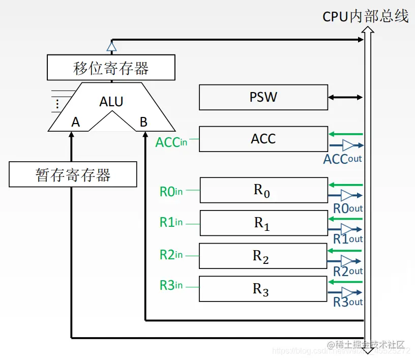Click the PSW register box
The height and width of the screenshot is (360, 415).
(263, 97)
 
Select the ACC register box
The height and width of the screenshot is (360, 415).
(263, 139)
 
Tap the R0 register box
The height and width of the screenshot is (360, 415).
(263, 190)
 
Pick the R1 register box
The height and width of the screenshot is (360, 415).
(263, 223)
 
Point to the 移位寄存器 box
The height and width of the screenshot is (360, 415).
(111, 68)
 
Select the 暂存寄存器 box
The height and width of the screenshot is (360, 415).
(73, 174)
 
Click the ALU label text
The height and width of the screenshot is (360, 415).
(111, 102)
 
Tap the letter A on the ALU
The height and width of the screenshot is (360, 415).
(76, 122)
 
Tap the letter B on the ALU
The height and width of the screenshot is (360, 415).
(143, 122)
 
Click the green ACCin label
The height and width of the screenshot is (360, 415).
(171, 142)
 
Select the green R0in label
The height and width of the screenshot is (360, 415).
(171, 192)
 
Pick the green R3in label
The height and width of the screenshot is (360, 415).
(171, 286)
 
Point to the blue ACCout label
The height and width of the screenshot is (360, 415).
(342, 159)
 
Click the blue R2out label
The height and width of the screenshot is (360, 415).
(348, 272)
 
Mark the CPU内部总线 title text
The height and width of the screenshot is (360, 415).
(365, 16)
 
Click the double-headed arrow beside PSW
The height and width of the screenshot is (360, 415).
(345, 97)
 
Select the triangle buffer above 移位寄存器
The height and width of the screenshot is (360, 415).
(111, 47)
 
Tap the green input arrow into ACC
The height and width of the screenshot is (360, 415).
(346, 134)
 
